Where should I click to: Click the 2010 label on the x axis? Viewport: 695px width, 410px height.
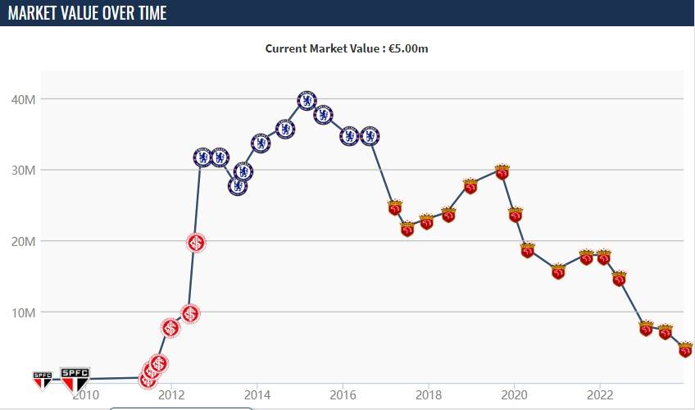(85, 394)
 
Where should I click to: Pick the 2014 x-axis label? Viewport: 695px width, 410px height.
(257, 394)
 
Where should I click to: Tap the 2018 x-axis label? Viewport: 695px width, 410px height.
(429, 394)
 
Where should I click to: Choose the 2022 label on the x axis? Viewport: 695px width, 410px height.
(600, 394)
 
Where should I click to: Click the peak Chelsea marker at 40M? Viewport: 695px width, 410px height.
(307, 100)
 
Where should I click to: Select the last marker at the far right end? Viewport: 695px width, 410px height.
(685, 349)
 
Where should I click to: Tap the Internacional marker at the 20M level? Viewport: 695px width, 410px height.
(196, 242)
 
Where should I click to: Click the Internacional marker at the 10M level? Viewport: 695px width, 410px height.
(190, 313)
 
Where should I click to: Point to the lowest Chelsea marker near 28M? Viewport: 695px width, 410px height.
(238, 185)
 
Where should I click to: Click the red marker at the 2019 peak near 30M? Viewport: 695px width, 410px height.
(502, 171)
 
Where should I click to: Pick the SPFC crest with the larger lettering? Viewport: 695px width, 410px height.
(75, 378)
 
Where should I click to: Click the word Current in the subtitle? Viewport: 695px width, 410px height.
(285, 48)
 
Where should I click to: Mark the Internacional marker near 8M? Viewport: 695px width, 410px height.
(170, 328)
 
